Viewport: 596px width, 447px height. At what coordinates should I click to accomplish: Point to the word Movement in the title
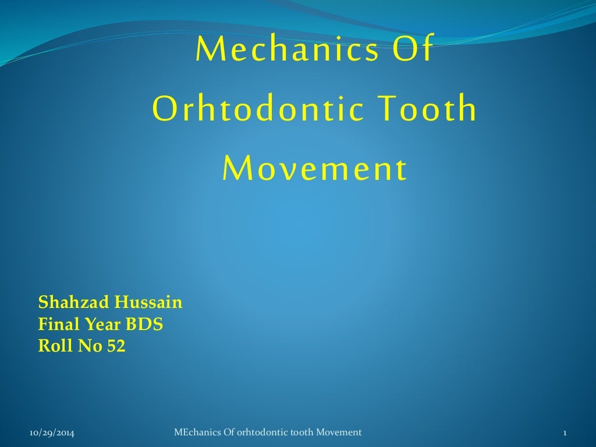click(x=314, y=169)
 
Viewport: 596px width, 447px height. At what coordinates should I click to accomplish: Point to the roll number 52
click(x=116, y=346)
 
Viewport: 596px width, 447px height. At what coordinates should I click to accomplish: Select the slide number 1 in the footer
click(x=565, y=432)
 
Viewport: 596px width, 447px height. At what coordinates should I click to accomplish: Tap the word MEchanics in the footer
click(x=196, y=432)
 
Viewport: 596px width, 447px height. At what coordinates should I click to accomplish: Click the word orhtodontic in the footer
click(x=256, y=432)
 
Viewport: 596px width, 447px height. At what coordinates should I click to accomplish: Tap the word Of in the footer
click(x=226, y=432)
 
